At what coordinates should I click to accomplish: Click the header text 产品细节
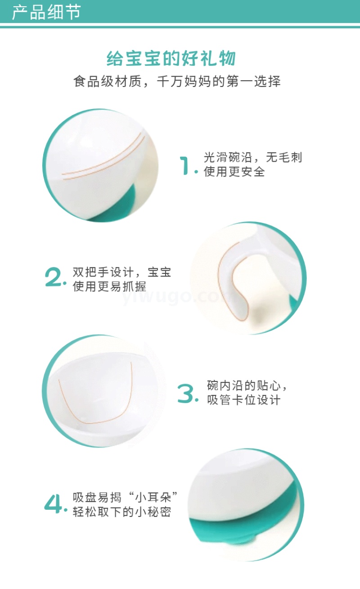pos(46,12)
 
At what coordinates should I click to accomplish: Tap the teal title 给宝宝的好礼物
pos(171,58)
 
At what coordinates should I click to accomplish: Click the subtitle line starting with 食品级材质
pos(177,81)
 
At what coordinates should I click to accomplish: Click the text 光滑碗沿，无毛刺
pos(253,158)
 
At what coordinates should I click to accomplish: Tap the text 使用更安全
pos(234,172)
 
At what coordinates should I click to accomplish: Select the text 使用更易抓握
pos(109,286)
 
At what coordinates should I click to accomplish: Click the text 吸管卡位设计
pos(243,400)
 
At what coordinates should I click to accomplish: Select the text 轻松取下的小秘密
pos(122,512)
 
